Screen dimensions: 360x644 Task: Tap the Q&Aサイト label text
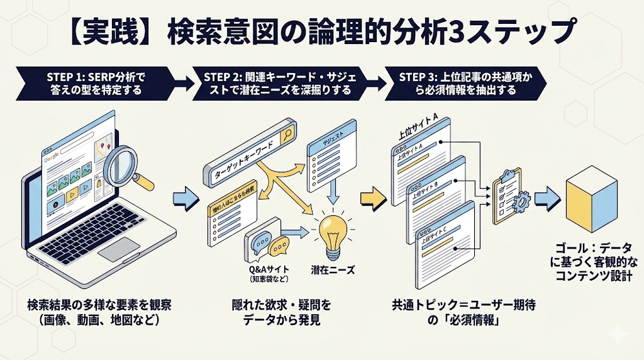[270, 270]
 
